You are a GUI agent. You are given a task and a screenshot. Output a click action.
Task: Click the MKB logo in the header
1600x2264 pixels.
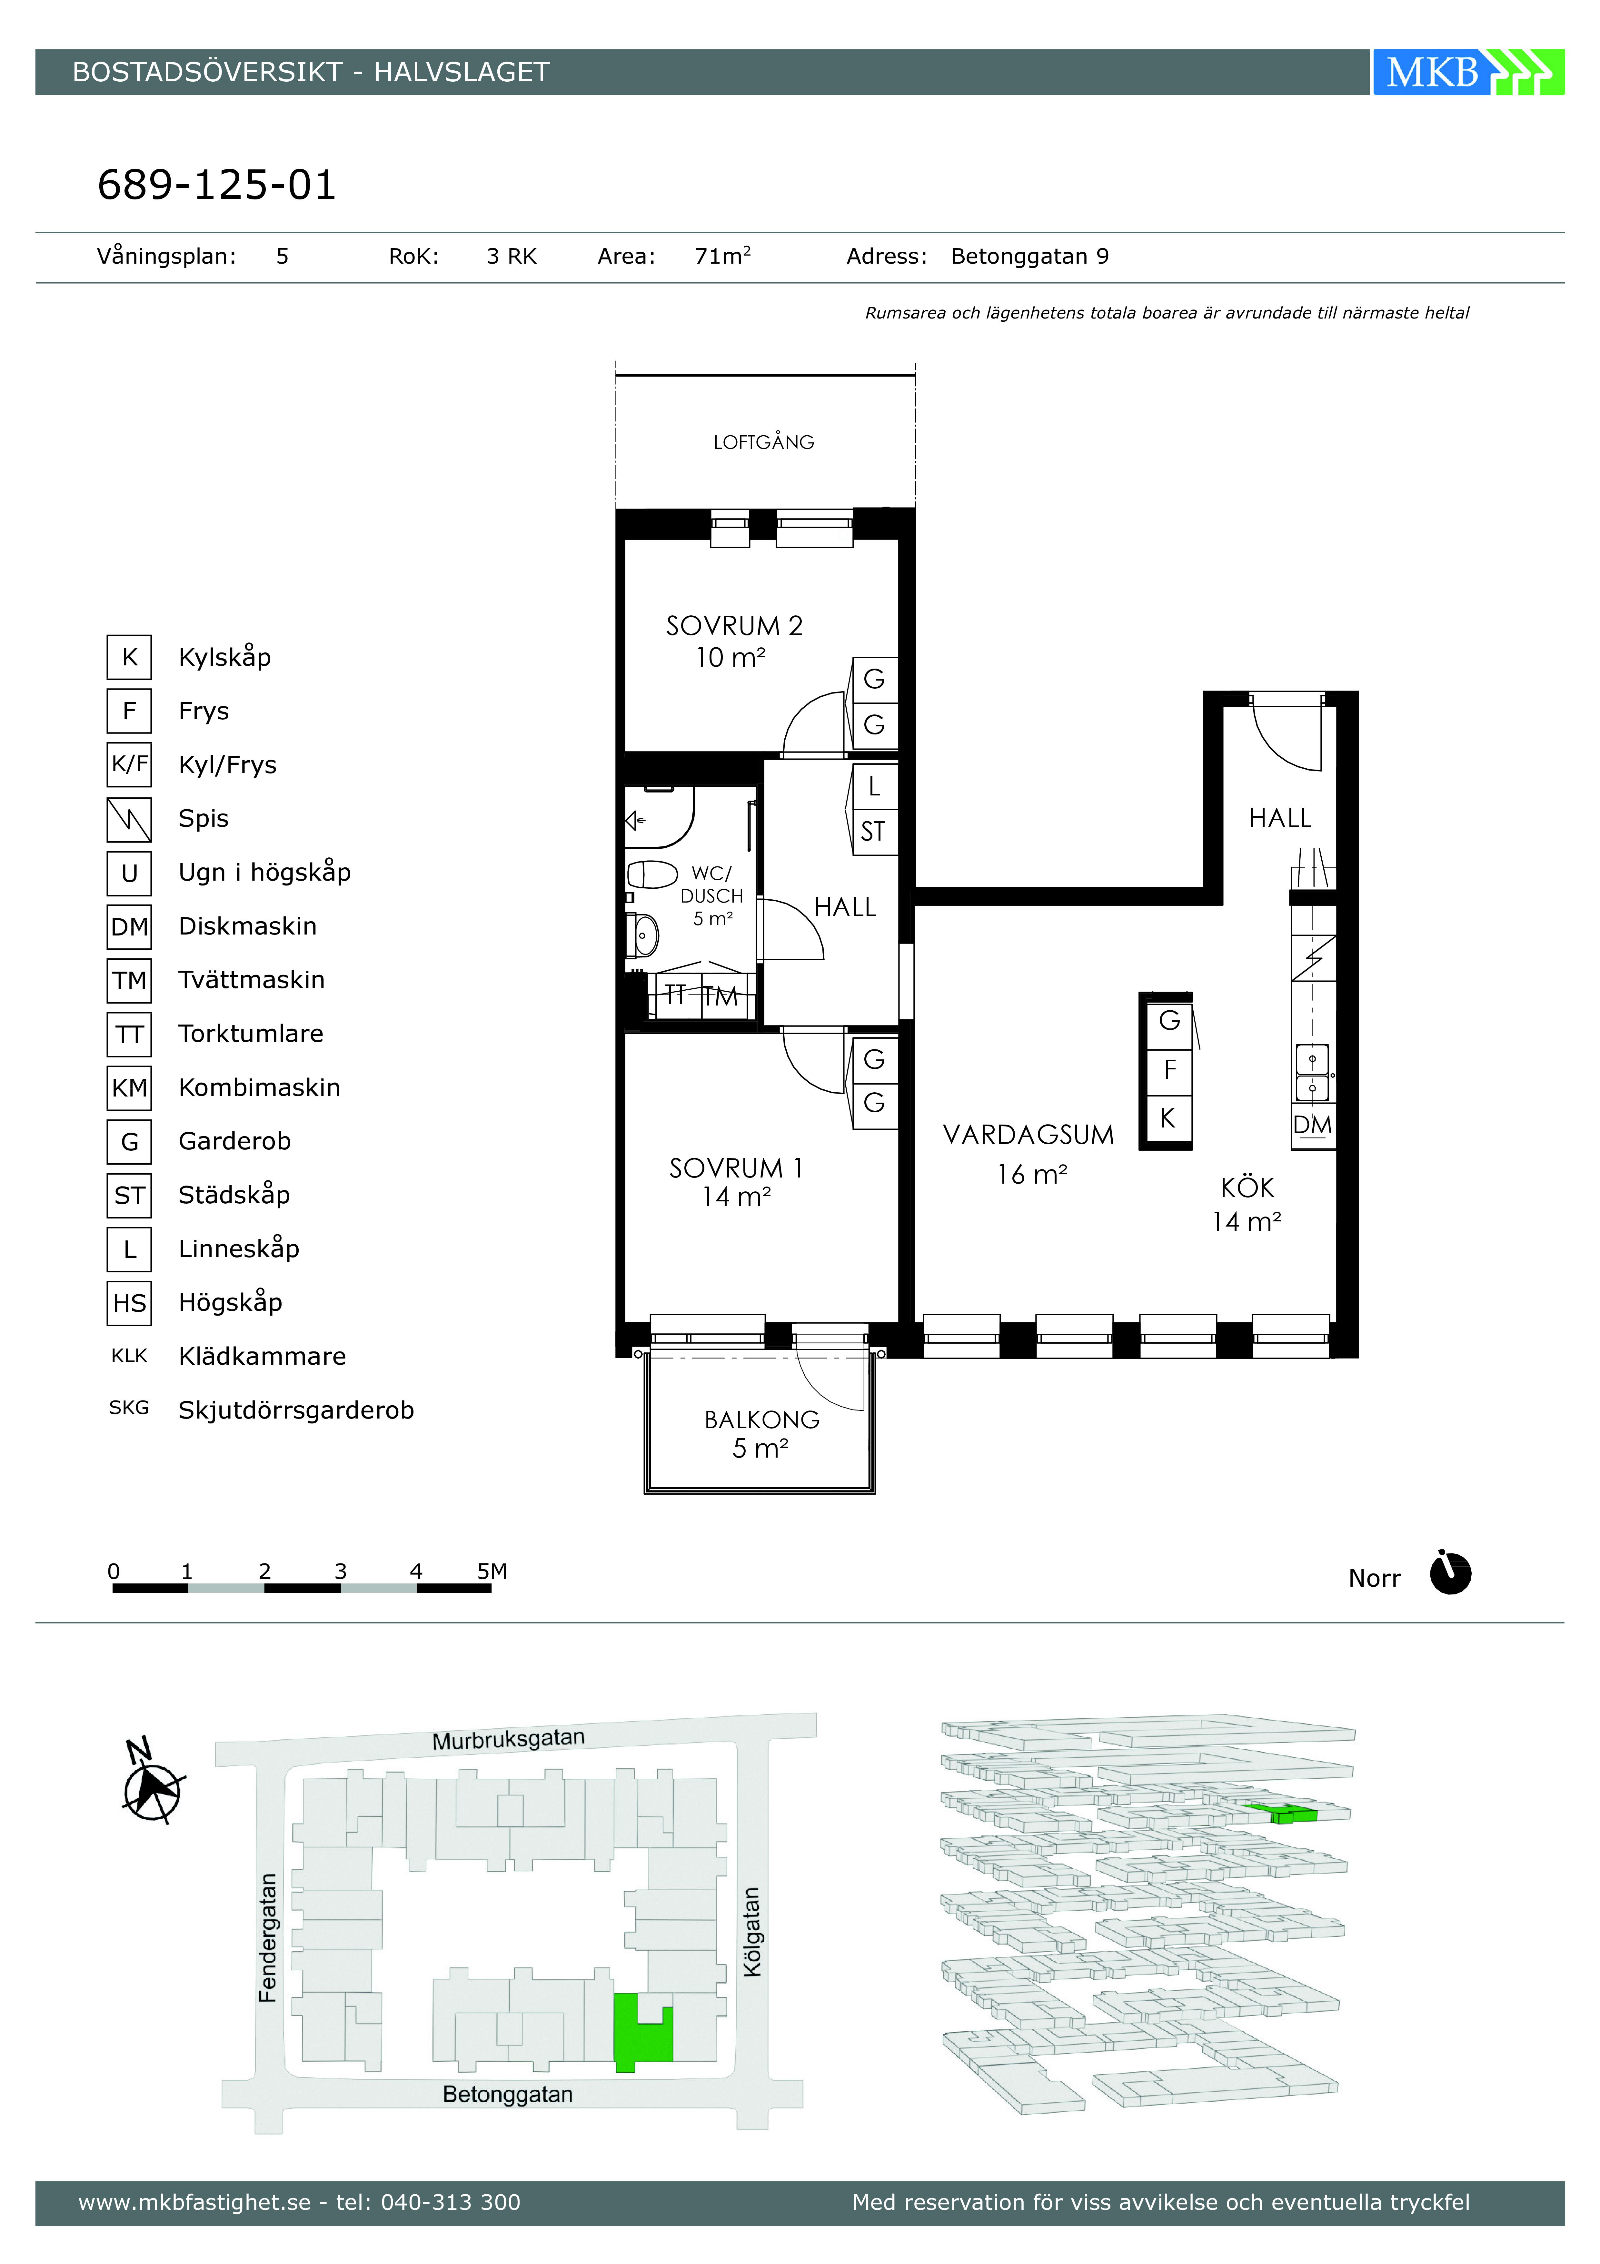tap(1468, 72)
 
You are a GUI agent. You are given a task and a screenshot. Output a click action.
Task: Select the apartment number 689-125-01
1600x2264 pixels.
tap(217, 184)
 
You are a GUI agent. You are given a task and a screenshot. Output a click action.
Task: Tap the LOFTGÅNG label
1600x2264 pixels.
tap(764, 443)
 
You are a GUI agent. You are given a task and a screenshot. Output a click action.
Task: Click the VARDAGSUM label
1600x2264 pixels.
tap(1028, 1135)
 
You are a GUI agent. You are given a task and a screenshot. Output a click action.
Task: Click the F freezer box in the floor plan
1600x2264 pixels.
tap(1170, 1070)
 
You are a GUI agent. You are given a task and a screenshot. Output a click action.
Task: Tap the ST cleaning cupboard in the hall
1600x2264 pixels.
tap(873, 831)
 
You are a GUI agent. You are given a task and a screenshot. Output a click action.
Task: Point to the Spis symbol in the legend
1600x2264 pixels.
tap(129, 819)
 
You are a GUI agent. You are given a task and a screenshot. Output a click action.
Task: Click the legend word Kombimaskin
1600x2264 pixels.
tap(259, 1087)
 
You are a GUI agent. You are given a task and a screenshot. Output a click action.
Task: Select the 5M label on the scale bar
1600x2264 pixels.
tap(492, 1571)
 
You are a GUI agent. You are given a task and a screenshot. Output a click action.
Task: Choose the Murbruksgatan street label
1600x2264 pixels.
tap(509, 1738)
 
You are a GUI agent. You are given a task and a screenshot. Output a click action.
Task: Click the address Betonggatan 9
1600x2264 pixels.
tap(1030, 256)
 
